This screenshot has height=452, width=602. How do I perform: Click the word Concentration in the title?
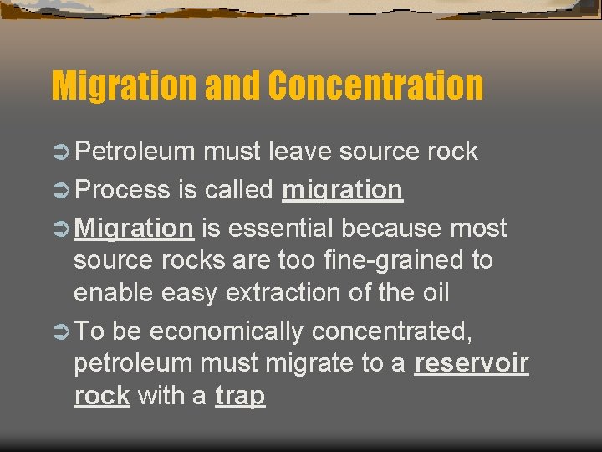point(377,85)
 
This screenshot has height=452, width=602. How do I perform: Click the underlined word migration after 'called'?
point(343,191)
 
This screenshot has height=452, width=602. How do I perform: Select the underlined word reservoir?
point(472,364)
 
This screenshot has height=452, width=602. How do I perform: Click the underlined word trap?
point(240,396)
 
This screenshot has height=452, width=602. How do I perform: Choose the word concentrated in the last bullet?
point(392,331)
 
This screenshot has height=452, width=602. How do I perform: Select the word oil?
point(432,293)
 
